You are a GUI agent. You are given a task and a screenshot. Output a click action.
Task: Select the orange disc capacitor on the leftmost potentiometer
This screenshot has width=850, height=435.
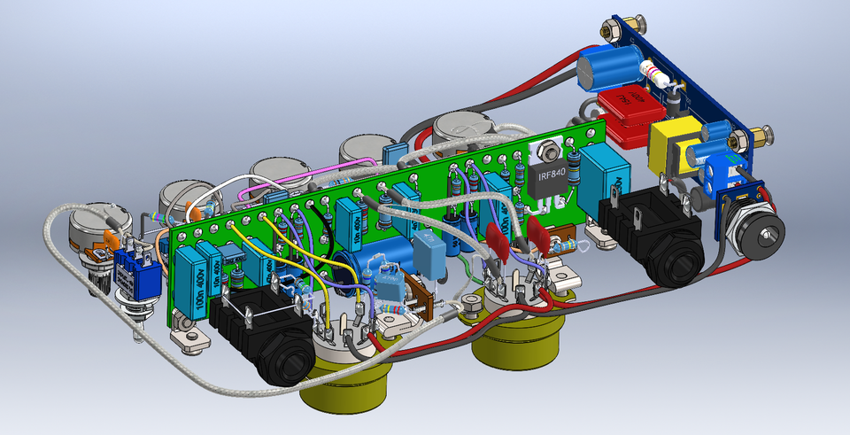(x=111, y=239)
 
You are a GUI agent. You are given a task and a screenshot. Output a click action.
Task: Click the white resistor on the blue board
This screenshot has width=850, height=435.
(x=658, y=74)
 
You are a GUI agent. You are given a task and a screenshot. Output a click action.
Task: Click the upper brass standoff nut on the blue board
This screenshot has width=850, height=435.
(x=608, y=29)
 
